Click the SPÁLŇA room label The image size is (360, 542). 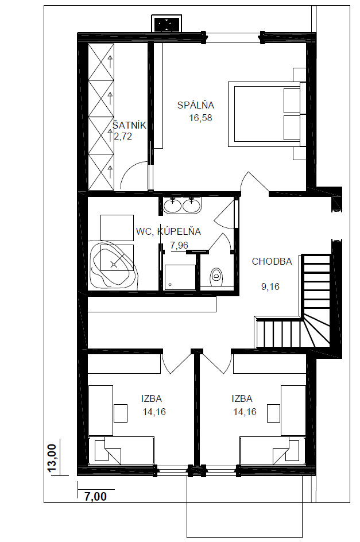pyautogui.click(x=196, y=104)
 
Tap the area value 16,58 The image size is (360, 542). pyautogui.click(x=200, y=118)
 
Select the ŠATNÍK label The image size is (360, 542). pyautogui.click(x=130, y=125)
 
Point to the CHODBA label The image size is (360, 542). pyautogui.click(x=272, y=261)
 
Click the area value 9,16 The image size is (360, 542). pyautogui.click(x=270, y=287)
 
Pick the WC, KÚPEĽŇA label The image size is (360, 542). pyautogui.click(x=168, y=231)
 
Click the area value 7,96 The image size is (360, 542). pyautogui.click(x=179, y=245)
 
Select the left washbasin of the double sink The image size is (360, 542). pyautogui.click(x=172, y=206)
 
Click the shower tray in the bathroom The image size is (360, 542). pyautogui.click(x=180, y=277)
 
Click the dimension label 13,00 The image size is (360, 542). pyautogui.click(x=52, y=458)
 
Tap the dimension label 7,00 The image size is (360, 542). pyautogui.click(x=96, y=497)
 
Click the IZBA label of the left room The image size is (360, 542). pyautogui.click(x=152, y=398)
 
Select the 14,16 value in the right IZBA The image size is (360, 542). pyautogui.click(x=245, y=412)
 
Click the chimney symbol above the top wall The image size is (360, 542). pyautogui.click(x=167, y=24)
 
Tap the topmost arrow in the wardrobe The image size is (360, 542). pyautogui.click(x=110, y=61)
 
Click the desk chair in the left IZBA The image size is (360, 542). pyautogui.click(x=121, y=413)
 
